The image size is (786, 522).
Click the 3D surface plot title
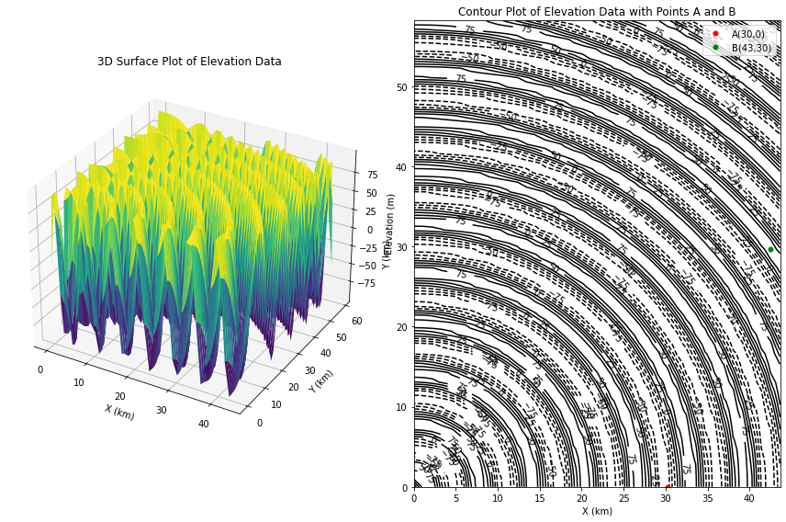[189, 62]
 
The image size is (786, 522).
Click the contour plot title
[597, 12]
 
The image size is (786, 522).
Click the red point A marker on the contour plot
[668, 486]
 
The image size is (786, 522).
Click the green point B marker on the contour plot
[770, 249]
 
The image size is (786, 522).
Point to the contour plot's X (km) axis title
[597, 511]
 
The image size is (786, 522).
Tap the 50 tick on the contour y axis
[402, 88]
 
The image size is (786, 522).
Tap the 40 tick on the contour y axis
[402, 168]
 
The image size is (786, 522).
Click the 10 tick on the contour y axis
[402, 408]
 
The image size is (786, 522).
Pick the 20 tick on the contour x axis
[582, 498]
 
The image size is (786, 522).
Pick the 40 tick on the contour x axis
[749, 498]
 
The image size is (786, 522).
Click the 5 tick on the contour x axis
[456, 498]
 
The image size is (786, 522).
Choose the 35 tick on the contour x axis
[708, 498]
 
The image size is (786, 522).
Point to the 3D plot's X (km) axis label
[118, 412]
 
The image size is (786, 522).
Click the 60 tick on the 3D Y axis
[356, 321]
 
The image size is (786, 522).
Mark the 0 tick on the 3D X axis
[39, 370]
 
